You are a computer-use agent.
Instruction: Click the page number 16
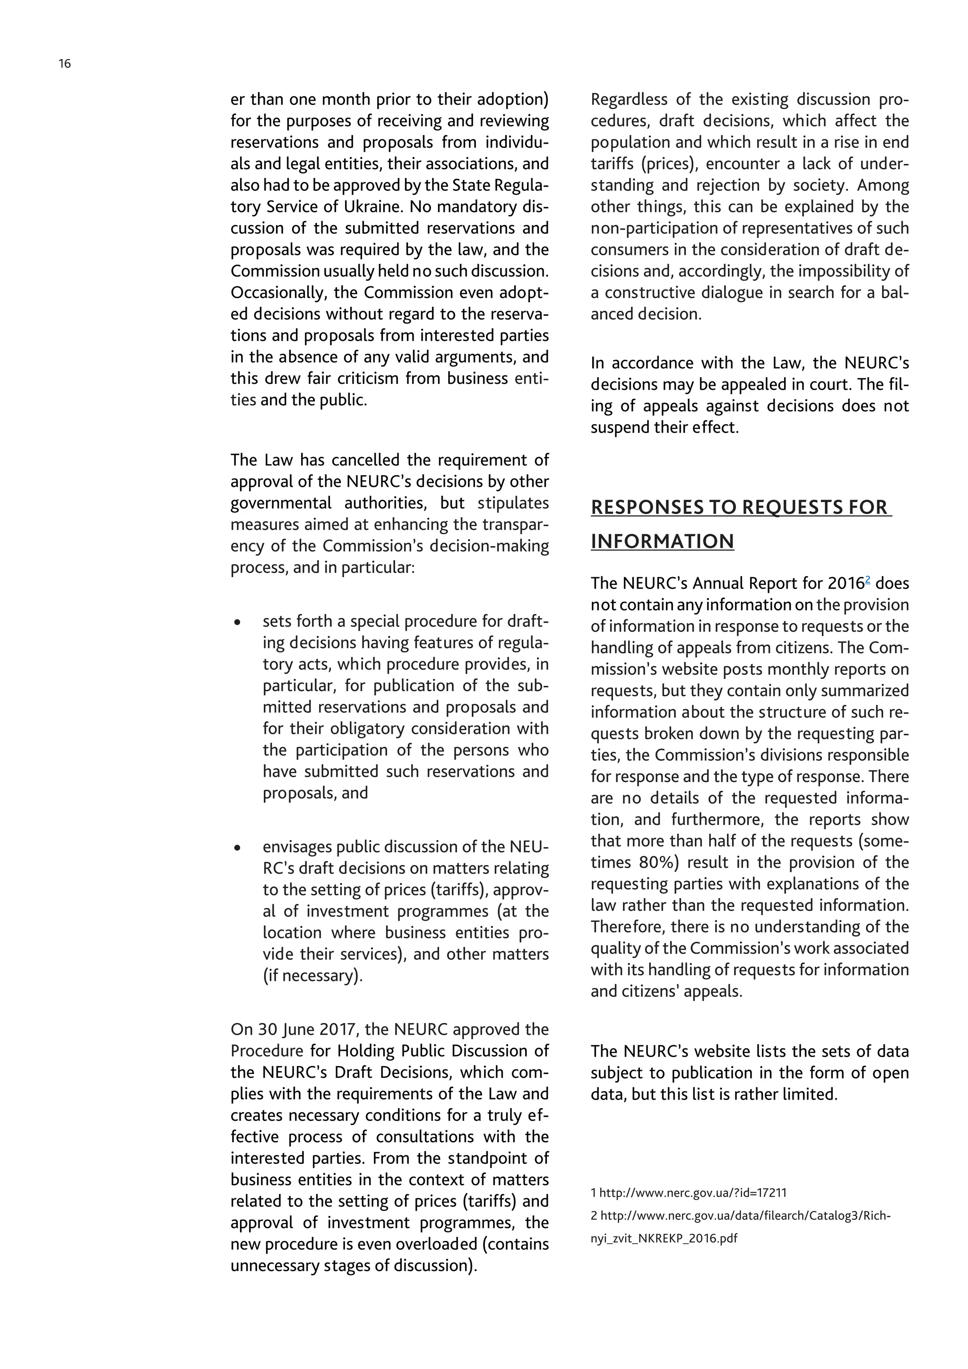click(65, 64)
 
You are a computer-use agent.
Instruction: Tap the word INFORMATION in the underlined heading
click(662, 541)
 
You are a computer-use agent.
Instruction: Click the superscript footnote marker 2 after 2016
click(868, 579)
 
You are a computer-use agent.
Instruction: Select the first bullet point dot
click(238, 623)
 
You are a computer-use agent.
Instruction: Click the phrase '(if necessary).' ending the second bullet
click(312, 976)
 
